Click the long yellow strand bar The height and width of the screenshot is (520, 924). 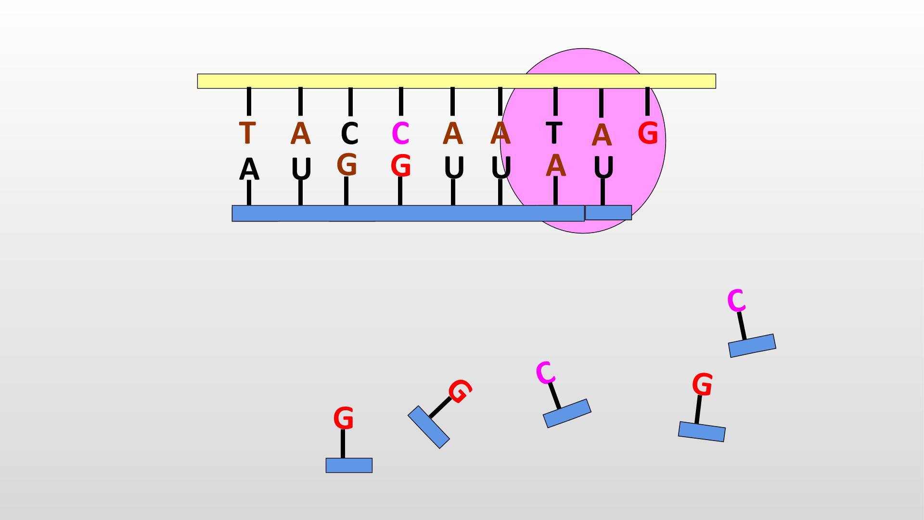click(456, 81)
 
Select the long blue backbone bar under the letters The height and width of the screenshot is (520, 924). click(408, 213)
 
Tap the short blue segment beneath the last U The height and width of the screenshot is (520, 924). click(608, 212)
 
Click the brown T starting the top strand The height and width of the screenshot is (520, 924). click(247, 133)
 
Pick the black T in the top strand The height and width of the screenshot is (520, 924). click(554, 132)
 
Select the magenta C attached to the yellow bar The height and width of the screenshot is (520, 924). click(400, 133)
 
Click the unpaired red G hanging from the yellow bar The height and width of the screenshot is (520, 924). click(648, 133)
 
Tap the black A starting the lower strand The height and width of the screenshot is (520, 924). click(249, 169)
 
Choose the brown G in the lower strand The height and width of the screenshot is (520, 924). click(346, 165)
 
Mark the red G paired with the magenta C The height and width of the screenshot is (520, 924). click(400, 166)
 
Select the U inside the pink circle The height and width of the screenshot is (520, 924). click(603, 168)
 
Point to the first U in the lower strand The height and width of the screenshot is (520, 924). click(301, 169)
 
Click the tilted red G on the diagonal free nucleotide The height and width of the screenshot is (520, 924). click(460, 390)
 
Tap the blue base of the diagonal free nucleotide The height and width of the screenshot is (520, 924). click(429, 427)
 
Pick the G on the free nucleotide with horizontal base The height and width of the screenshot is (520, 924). click(344, 418)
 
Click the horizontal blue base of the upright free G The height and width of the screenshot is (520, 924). click(349, 465)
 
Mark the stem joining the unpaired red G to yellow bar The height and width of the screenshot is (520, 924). click(647, 102)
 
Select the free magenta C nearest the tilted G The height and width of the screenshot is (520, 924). click(545, 373)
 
